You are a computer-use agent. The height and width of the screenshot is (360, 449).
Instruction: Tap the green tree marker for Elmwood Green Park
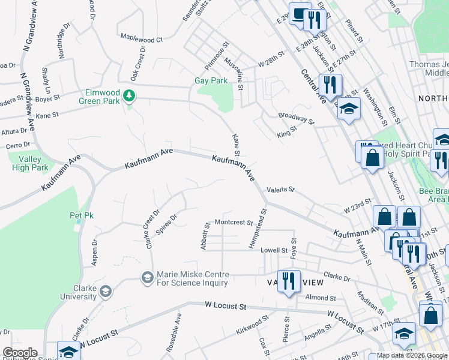(x=128, y=96)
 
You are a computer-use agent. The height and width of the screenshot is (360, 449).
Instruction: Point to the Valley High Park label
(x=30, y=163)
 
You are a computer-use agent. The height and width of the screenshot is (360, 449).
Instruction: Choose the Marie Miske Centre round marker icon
(x=147, y=277)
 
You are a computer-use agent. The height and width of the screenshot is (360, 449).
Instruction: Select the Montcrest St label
(x=234, y=222)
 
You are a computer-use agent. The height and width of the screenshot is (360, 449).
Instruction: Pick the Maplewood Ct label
(x=142, y=39)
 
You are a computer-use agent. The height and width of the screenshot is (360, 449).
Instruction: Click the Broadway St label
(x=296, y=118)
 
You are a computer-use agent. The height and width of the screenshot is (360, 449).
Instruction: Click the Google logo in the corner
(x=20, y=353)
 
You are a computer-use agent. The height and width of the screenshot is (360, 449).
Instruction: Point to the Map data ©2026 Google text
(x=411, y=355)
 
